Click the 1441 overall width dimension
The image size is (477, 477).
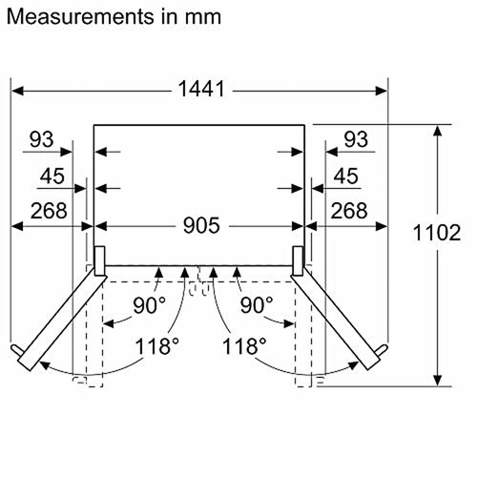click(201, 89)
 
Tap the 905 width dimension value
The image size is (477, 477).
click(201, 225)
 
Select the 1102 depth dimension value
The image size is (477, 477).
click(437, 233)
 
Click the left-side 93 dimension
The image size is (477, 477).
click(41, 139)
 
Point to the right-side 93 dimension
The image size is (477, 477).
click(356, 139)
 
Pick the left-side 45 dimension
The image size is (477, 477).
click(52, 176)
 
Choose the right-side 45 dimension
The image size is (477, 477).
click(345, 176)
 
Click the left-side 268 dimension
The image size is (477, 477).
click(49, 210)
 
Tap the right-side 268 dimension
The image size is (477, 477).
click(349, 210)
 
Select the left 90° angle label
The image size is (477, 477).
click(149, 305)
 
